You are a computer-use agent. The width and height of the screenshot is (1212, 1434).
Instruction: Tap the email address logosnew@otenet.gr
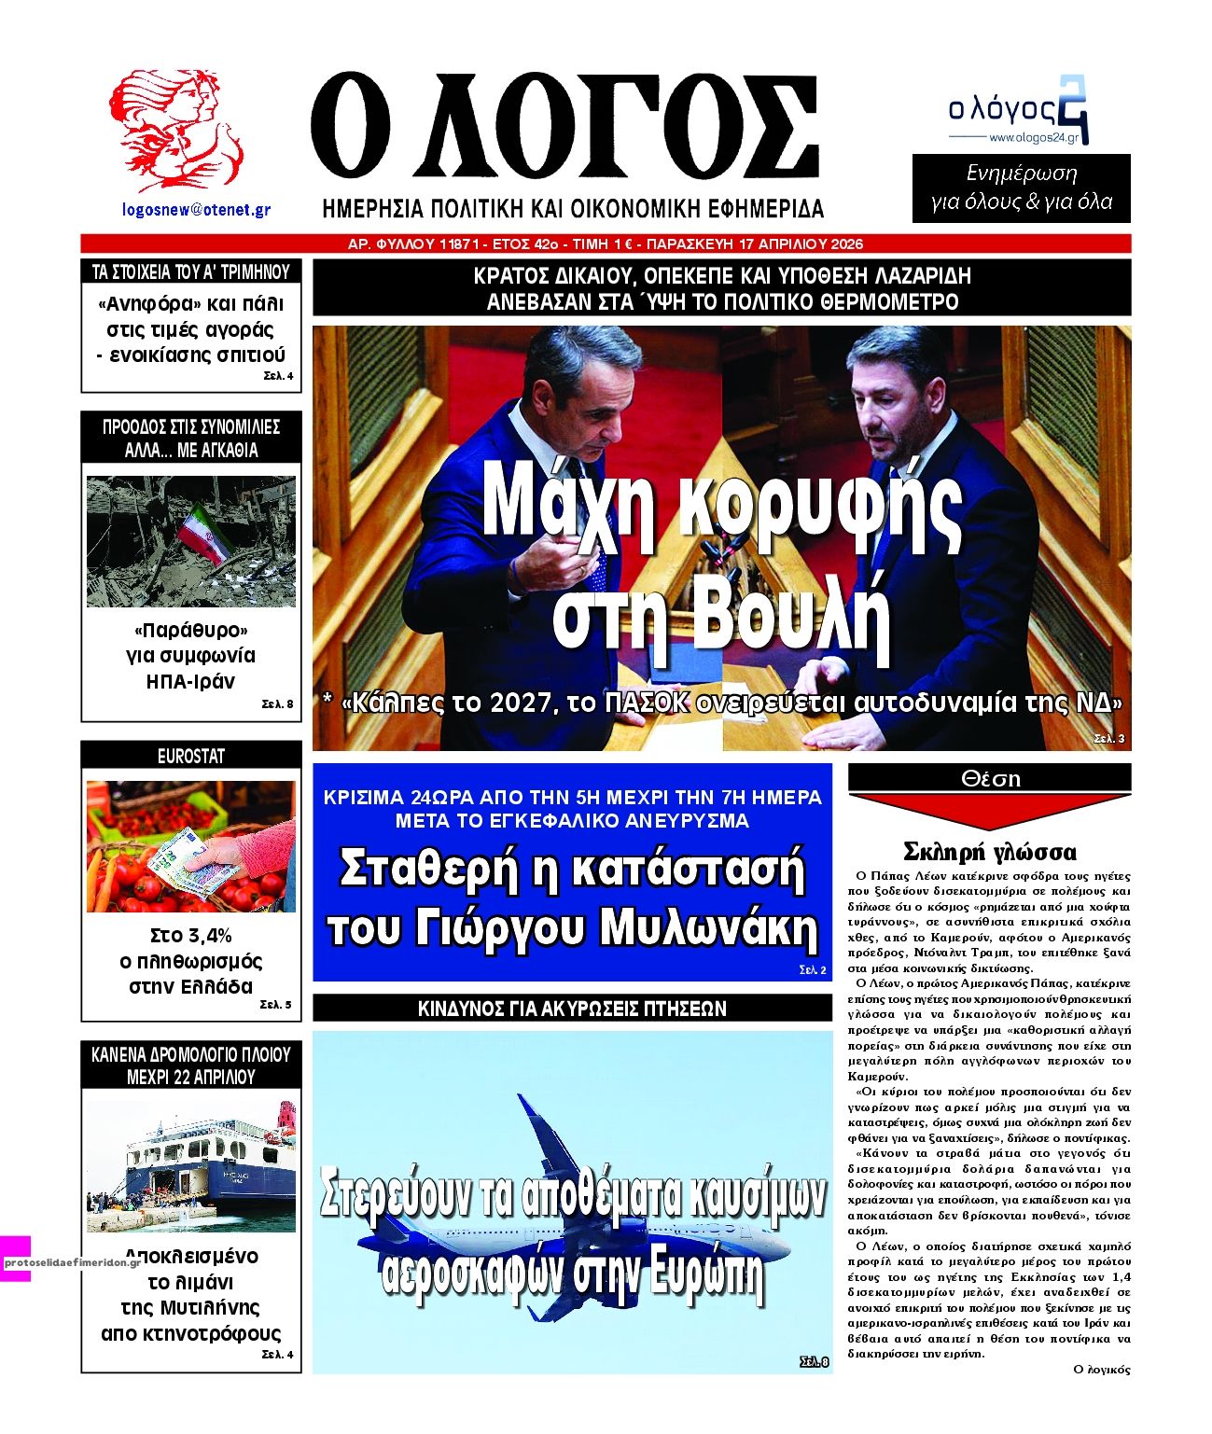click(196, 210)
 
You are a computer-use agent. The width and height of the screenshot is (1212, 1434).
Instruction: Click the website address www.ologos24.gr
click(1033, 138)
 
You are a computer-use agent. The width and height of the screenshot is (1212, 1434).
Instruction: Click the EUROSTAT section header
click(191, 756)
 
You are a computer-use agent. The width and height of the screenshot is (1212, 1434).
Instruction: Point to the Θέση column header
click(990, 778)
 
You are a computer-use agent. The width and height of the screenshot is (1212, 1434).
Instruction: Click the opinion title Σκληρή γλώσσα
click(990, 851)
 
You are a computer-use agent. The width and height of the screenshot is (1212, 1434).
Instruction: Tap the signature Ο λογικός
click(1101, 1369)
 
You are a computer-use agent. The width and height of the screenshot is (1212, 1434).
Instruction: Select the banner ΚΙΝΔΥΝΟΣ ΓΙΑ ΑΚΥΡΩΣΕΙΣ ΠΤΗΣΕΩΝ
click(572, 1009)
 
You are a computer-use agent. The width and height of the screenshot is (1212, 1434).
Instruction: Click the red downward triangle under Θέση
click(990, 810)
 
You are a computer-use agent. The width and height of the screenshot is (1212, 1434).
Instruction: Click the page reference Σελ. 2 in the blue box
click(812, 970)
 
